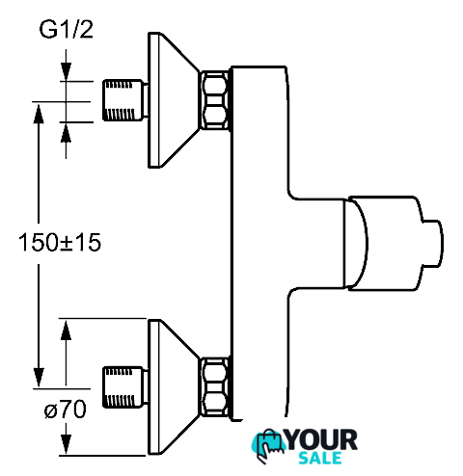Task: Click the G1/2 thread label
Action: click(x=66, y=29)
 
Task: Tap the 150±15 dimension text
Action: click(x=60, y=242)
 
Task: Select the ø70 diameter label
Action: click(x=66, y=410)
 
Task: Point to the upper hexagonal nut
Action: click(x=215, y=100)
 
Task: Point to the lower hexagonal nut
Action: click(x=215, y=387)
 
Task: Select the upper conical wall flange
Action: click(x=174, y=100)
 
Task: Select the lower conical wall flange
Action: click(x=174, y=387)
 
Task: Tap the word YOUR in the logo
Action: click(x=321, y=439)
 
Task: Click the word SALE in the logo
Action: click(x=320, y=458)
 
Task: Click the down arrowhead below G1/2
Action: click(x=66, y=71)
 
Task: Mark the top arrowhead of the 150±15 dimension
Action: click(x=39, y=114)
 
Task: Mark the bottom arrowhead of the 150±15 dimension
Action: click(x=39, y=378)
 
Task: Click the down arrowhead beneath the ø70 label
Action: click(x=66, y=444)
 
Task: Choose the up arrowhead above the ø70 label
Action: click(x=66, y=330)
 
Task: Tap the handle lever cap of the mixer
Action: click(x=383, y=244)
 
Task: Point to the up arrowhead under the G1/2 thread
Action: click(x=66, y=133)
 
